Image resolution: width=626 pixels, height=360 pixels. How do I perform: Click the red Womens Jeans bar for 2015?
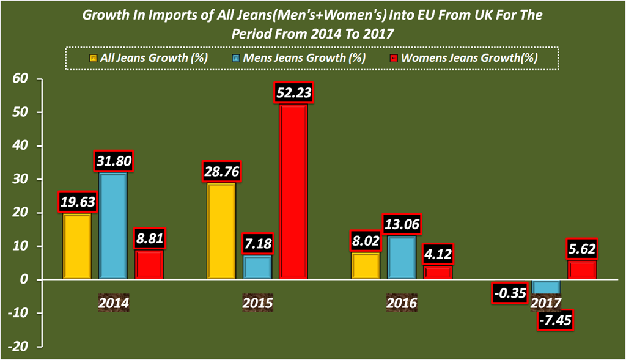point(293,193)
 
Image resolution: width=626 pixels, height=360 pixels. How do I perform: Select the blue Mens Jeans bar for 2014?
point(113,226)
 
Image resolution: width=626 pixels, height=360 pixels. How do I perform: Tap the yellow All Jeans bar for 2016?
point(365,266)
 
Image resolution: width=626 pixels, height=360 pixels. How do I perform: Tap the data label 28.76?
point(221,172)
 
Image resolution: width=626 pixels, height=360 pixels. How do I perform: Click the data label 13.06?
point(401,224)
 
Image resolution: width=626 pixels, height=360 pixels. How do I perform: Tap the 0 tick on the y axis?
point(24,280)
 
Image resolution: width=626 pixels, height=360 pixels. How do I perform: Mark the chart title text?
point(312,24)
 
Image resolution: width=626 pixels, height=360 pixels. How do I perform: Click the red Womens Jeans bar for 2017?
point(582,270)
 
